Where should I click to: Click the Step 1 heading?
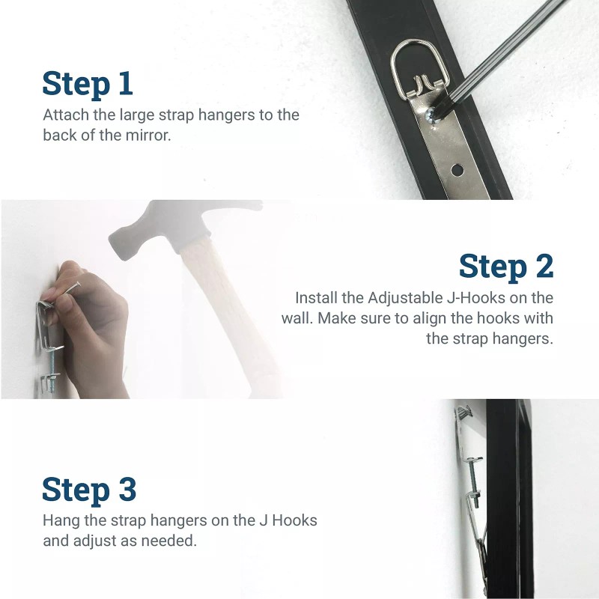pos(88,83)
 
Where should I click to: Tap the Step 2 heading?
pos(506,266)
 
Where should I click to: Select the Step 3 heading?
pos(89,489)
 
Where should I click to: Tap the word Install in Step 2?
pos(316,297)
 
